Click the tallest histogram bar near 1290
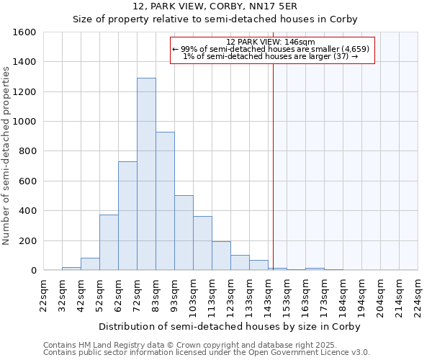coord(146,174)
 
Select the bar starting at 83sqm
coord(165,201)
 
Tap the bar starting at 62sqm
coord(127,216)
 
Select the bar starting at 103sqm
coord(202,243)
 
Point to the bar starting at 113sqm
coord(221,256)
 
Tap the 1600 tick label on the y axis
coord(24,32)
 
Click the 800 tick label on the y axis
coord(27,151)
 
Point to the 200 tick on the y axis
coord(27,240)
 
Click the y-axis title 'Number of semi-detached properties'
coord(6,151)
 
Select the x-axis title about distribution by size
coord(229,326)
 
